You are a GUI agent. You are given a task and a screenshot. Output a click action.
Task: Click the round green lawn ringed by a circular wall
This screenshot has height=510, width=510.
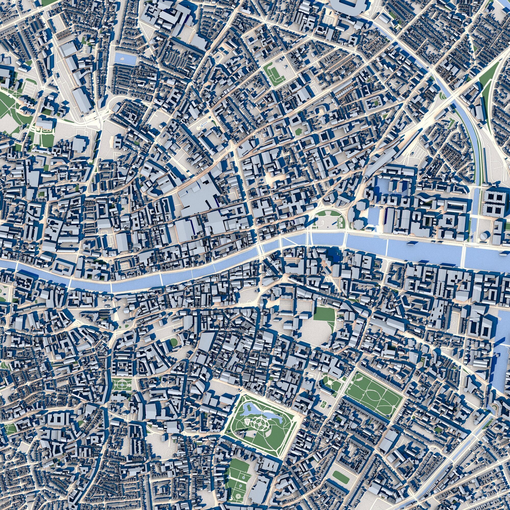(174, 343)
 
